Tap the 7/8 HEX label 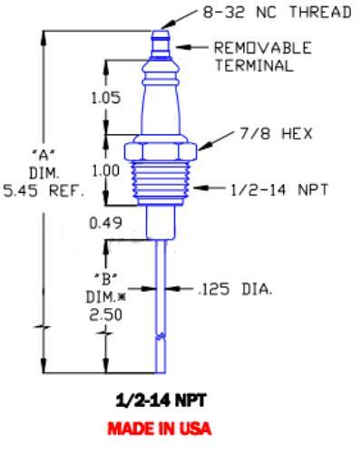tap(273, 133)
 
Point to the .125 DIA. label tap(236, 291)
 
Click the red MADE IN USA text tap(159, 427)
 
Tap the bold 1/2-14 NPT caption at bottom tap(159, 400)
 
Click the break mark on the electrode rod tap(160, 337)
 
